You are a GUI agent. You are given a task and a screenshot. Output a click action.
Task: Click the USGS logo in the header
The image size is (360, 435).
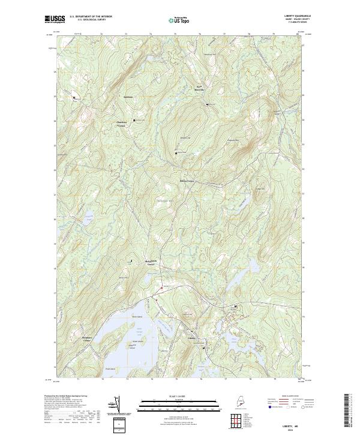pos(53,19)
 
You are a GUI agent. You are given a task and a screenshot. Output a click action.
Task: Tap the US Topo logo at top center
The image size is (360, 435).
pos(181,19)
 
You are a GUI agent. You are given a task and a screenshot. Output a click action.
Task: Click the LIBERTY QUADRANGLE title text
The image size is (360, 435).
pos(292,16)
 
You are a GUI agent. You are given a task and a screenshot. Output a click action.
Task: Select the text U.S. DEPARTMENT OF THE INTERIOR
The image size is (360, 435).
pos(90,17)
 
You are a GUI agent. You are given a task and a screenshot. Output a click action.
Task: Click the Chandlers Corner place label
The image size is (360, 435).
pos(121,124)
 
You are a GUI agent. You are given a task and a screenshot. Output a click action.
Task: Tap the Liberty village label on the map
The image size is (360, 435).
pos(192,338)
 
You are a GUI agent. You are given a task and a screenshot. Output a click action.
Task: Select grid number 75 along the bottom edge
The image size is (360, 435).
pos(176,379)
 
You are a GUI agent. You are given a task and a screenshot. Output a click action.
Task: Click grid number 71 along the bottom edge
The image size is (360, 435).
pos(78,379)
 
